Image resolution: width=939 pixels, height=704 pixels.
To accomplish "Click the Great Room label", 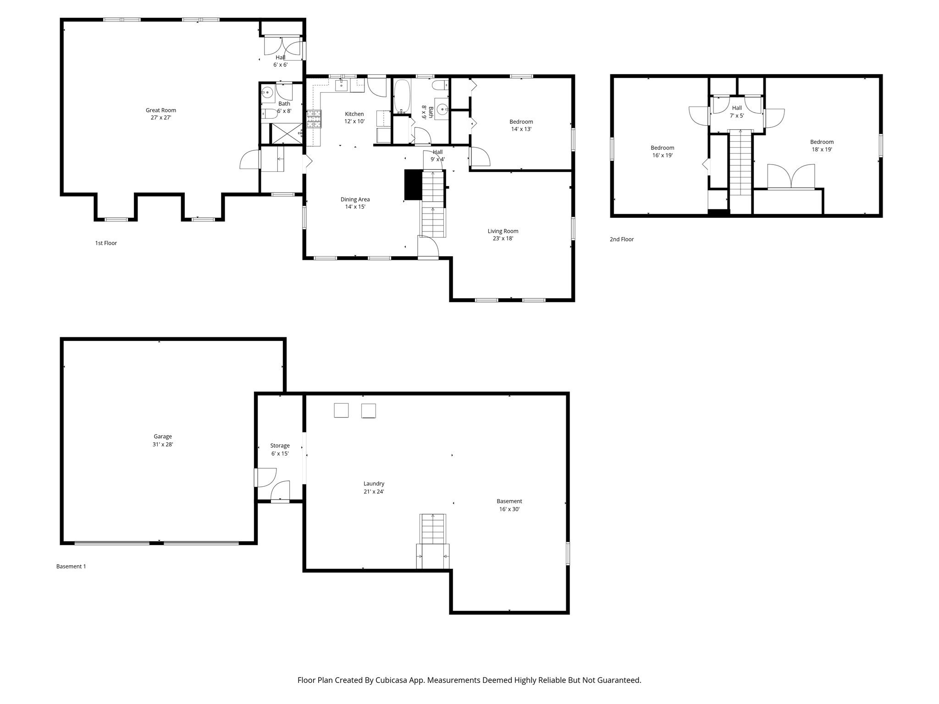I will click(161, 114).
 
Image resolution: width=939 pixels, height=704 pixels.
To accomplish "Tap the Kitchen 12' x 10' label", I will click(354, 118).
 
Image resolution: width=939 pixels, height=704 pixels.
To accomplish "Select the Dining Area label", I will click(355, 203).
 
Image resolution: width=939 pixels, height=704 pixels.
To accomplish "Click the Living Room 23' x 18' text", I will click(503, 235).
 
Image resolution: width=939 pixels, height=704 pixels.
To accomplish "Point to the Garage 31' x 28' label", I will click(163, 440).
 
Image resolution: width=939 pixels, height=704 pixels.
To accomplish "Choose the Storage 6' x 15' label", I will click(280, 450).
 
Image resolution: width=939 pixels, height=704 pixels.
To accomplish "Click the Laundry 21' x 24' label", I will click(374, 488).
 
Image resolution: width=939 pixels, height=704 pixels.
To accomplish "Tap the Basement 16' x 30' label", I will click(509, 505).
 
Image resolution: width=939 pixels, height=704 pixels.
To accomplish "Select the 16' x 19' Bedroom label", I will click(662, 152).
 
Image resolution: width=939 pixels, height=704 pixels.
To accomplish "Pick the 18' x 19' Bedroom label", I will click(822, 146).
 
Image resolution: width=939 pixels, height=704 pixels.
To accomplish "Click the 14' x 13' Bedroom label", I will click(521, 125).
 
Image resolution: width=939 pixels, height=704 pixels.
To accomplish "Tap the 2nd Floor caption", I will click(621, 239).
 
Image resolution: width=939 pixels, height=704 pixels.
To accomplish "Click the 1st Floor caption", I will click(106, 243).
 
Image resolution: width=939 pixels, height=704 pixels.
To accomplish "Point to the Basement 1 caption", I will click(71, 566).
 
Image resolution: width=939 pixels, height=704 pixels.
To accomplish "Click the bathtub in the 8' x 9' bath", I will click(402, 96).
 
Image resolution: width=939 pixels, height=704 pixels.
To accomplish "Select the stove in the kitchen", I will click(314, 119).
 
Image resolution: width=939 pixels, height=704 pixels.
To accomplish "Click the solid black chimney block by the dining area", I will click(413, 185).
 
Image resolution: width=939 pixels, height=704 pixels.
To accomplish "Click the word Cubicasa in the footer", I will click(393, 680).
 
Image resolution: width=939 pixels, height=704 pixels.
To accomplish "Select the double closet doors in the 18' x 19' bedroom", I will click(791, 177).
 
